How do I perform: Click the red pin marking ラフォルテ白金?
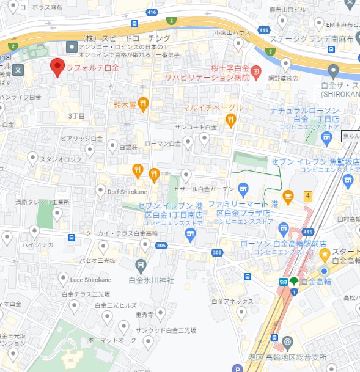click(x=57, y=67)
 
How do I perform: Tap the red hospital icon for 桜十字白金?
click(x=257, y=70)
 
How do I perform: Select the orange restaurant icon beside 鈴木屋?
click(x=144, y=104)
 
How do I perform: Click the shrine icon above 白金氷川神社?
click(x=141, y=265)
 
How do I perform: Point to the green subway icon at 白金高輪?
click(x=295, y=282)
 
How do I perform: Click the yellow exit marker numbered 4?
click(x=308, y=196)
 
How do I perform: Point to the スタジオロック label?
click(x=61, y=159)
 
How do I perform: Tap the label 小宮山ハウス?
click(x=232, y=32)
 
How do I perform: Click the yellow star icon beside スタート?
click(x=325, y=253)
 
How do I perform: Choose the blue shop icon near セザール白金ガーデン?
click(x=243, y=188)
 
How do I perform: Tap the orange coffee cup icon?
click(x=288, y=196)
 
